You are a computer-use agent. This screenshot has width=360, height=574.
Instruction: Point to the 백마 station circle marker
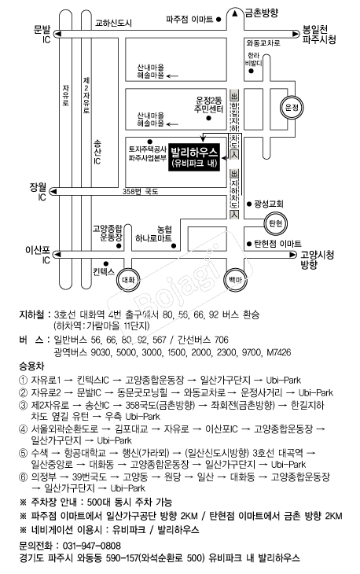pyautogui.click(x=233, y=279)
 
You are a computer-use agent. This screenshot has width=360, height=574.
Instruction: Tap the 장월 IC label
pyautogui.click(x=39, y=192)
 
